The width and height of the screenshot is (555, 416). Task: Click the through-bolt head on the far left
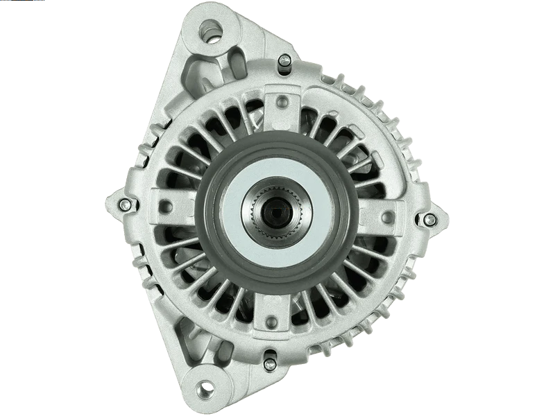[124, 205]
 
